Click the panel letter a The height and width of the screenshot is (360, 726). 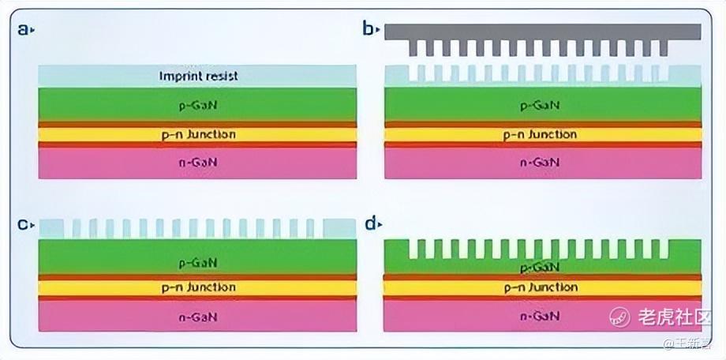[23, 30]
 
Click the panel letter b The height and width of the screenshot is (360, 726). [367, 30]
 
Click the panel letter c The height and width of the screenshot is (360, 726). [23, 225]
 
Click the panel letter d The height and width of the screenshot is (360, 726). [369, 224]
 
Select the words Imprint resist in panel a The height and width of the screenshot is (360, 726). [198, 77]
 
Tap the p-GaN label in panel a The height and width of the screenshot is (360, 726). [198, 104]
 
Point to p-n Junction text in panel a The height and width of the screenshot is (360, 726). [198, 134]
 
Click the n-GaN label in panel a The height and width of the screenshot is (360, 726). [198, 163]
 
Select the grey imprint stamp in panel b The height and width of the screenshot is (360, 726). [543, 32]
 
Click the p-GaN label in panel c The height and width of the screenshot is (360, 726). [198, 261]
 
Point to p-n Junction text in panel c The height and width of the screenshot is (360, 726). [198, 287]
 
